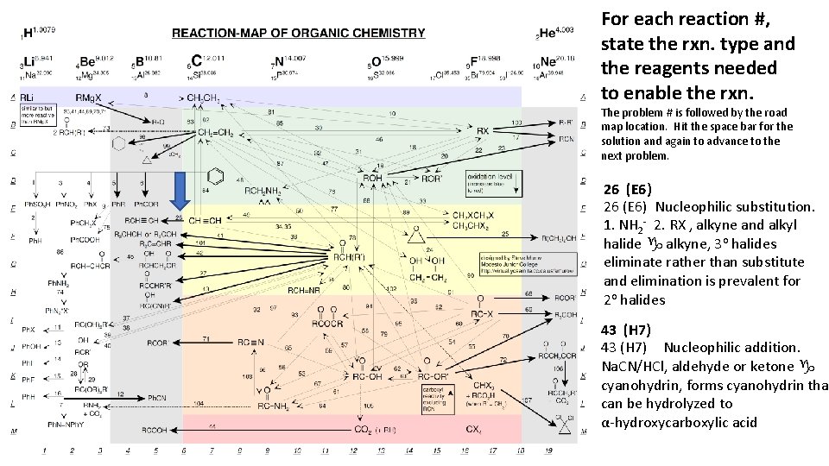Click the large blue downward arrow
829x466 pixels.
point(180,191)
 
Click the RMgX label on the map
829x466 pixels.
point(89,97)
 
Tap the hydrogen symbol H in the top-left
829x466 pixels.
point(28,34)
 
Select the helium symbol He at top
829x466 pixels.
point(547,34)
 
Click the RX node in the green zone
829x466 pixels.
point(482,130)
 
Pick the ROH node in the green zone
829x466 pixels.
point(372,178)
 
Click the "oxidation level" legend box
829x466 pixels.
point(516,183)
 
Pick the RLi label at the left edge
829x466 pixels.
point(28,97)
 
